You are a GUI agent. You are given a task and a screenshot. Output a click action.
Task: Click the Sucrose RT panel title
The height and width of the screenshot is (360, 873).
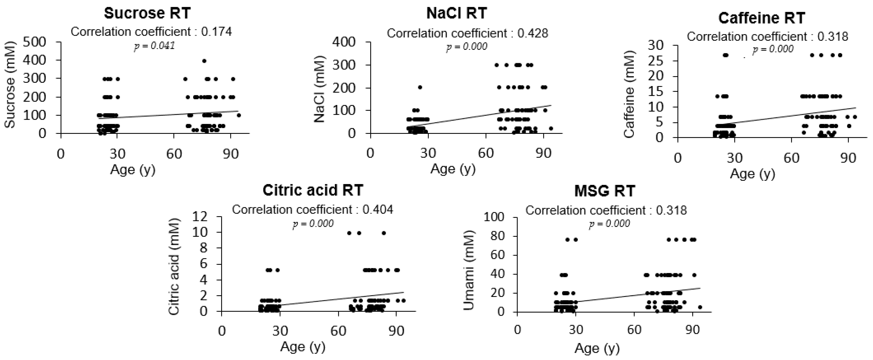point(147,13)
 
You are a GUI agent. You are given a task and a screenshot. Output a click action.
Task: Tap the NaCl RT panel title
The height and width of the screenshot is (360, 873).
point(457,13)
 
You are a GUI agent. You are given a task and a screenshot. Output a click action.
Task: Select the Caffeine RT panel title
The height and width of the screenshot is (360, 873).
point(762,18)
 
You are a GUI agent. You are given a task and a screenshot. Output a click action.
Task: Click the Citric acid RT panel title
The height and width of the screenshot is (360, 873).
point(313,190)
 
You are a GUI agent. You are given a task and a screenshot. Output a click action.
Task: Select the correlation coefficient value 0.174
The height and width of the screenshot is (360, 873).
point(217,32)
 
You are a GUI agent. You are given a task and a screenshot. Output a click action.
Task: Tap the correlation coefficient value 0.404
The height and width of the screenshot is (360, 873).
point(378,210)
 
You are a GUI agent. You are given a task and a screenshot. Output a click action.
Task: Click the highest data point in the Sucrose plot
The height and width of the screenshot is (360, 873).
point(204,61)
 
